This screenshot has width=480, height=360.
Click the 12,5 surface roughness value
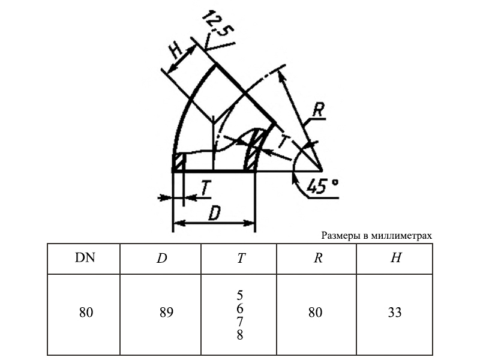[218, 23]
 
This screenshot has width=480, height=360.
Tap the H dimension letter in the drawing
[176, 50]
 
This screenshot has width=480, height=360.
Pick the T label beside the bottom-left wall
[206, 188]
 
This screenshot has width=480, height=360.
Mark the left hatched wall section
[178, 163]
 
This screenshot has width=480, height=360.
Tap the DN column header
[85, 258]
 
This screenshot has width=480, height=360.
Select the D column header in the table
[162, 259]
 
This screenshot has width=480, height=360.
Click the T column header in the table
[241, 259]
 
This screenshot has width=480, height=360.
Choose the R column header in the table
[318, 258]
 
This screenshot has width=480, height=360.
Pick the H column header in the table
[396, 258]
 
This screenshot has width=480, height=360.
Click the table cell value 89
[167, 313]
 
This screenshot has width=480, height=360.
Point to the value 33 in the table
[395, 313]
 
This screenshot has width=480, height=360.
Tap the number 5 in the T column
[239, 295]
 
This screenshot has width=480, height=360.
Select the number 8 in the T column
[239, 335]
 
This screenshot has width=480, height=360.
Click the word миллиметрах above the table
[401, 236]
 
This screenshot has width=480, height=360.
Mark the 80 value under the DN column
[86, 313]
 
